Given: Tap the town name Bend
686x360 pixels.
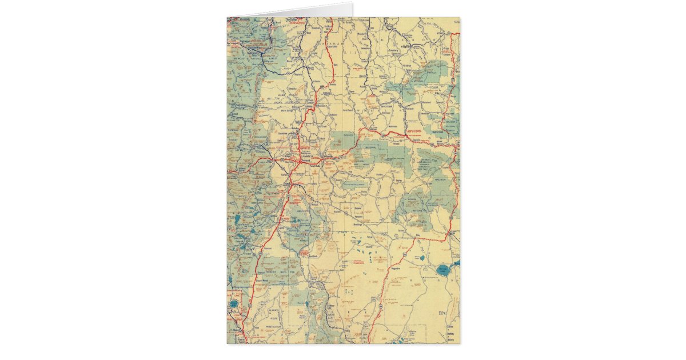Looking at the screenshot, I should [x=286, y=185].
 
